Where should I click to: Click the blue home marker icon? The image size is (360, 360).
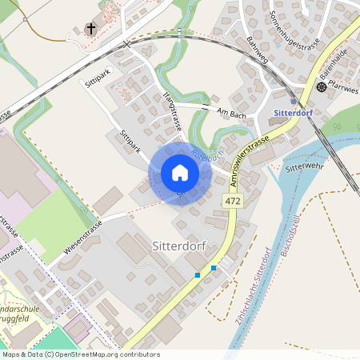pyautogui.click(x=180, y=173)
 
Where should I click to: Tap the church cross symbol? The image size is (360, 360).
pyautogui.click(x=91, y=30)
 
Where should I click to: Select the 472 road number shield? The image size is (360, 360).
pyautogui.click(x=233, y=201)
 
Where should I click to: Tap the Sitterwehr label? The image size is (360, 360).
pyautogui.click(x=303, y=168)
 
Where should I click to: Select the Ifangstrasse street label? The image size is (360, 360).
pyautogui.click(x=171, y=113)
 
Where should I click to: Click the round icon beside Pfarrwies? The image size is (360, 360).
pyautogui.click(x=322, y=86)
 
